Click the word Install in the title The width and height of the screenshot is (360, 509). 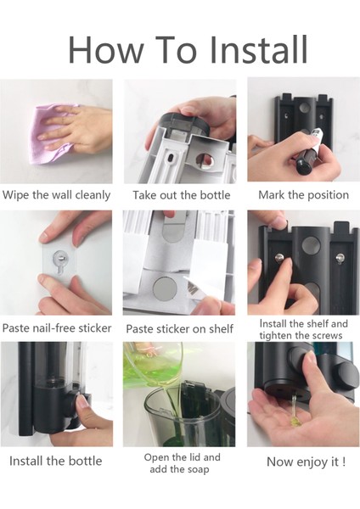coord(258,49)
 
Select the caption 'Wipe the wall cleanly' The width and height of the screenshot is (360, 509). coord(56,195)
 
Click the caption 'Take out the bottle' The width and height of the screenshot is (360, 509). coord(182,195)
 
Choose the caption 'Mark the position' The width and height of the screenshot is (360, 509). coord(303,195)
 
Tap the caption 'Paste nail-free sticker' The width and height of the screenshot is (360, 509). coord(57,327)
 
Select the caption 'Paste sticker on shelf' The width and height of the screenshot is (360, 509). coord(179,329)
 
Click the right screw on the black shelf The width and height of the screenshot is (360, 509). coord(340,258)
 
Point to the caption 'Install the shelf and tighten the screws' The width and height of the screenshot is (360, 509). coord(303,329)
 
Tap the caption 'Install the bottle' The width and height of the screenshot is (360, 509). coord(55,461)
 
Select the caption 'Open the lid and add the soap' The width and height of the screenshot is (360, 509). coord(182,463)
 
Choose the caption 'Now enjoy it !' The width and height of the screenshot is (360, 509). coord(306,461)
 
